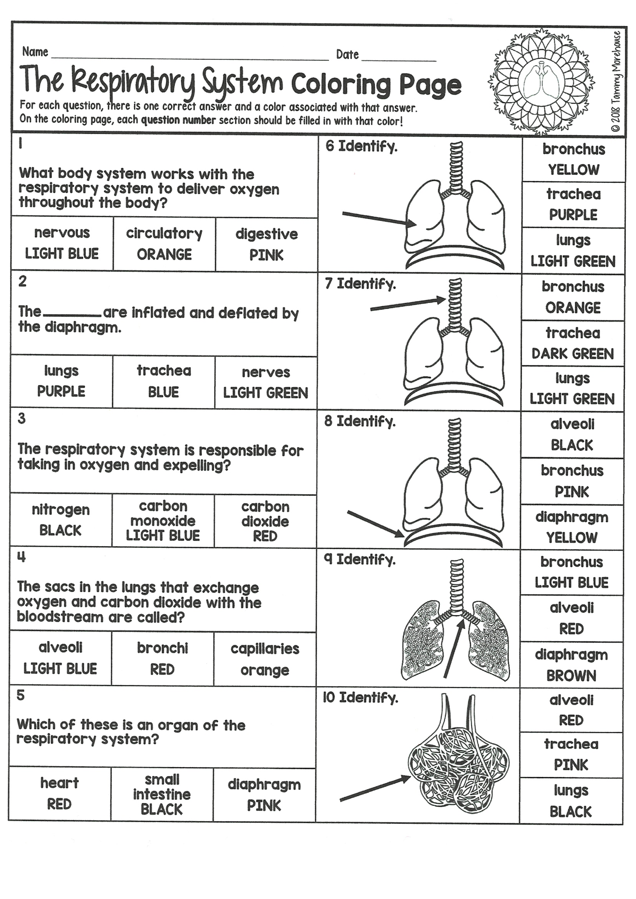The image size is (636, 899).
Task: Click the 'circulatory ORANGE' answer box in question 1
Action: click(164, 244)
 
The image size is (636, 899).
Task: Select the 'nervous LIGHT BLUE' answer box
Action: click(62, 243)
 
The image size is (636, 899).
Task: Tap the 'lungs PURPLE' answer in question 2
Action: click(61, 381)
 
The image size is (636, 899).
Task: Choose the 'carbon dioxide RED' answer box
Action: click(265, 521)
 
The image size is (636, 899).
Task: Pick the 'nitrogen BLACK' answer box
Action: click(60, 520)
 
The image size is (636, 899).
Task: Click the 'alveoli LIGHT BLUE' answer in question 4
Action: click(60, 658)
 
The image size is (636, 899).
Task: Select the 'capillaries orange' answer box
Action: click(265, 659)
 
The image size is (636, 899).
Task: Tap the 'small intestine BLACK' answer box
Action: click(162, 794)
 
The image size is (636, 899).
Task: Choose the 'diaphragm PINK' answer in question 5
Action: click(264, 795)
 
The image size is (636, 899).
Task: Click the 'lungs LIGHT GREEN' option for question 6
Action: click(573, 251)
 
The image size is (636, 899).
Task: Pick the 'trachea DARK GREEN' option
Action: click(572, 343)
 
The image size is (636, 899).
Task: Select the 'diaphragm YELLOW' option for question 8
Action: click(572, 527)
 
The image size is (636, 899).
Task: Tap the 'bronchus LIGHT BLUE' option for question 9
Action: click(571, 572)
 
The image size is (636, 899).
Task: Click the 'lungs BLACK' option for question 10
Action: click(571, 801)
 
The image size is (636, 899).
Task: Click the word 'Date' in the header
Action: click(347, 55)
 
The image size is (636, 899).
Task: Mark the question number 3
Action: click(22, 419)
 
